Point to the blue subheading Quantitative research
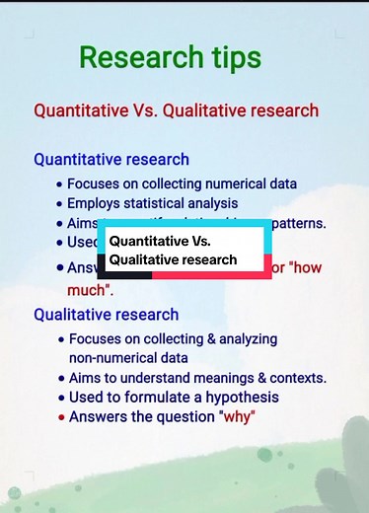(111, 159)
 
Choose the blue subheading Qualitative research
(107, 315)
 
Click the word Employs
(97, 203)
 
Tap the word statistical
(165, 203)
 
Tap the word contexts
(296, 378)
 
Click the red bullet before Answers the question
(61, 416)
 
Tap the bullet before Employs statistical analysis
(61, 204)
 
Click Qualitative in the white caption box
(145, 260)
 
